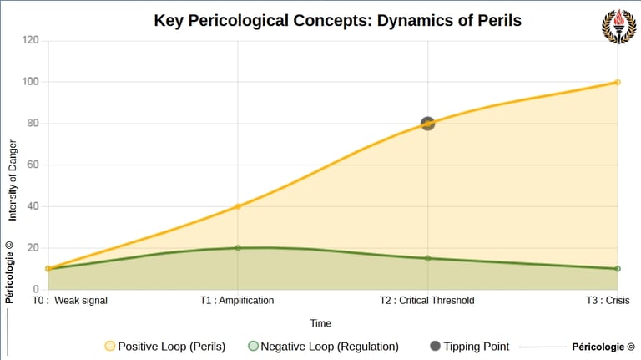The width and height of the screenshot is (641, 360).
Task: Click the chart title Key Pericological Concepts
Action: click(337, 20)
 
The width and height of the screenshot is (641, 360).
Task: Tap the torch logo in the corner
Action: click(618, 26)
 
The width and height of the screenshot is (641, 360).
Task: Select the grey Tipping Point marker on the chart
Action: click(427, 124)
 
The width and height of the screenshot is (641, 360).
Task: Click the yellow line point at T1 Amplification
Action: click(238, 206)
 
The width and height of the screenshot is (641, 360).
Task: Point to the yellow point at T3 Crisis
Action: click(618, 82)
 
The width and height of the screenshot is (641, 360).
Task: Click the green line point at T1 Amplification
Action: click(238, 248)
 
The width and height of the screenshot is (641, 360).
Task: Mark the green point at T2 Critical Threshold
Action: click(427, 258)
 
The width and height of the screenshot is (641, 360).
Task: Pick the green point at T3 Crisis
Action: click(618, 269)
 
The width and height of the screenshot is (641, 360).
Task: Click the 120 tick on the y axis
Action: click(31, 40)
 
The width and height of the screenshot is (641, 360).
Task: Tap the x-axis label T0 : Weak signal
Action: click(70, 301)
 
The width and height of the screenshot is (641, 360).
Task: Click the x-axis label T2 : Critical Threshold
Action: click(426, 301)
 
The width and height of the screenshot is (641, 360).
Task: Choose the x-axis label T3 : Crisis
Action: click(607, 301)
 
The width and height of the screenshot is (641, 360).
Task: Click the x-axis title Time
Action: click(320, 323)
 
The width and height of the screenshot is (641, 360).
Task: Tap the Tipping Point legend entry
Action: click(467, 346)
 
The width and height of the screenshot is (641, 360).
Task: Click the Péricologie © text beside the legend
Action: click(603, 346)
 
